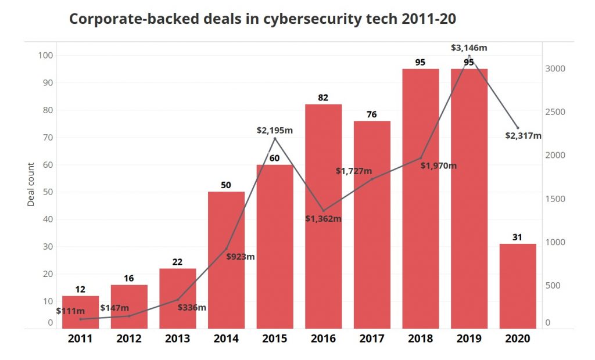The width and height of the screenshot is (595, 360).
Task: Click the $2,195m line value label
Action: (x=275, y=130)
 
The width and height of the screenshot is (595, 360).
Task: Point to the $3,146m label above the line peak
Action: (x=469, y=48)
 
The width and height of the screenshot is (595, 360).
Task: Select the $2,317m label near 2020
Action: (x=523, y=136)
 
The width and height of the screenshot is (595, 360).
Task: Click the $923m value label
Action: (x=241, y=256)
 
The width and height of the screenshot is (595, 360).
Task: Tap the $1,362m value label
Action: (x=323, y=219)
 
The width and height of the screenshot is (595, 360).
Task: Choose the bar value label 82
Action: (x=323, y=98)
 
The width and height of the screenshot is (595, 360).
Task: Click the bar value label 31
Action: (x=518, y=237)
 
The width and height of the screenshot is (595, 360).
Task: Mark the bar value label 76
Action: (x=372, y=114)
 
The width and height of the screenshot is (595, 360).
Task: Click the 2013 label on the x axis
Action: (x=178, y=339)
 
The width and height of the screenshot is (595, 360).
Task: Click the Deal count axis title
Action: (x=31, y=185)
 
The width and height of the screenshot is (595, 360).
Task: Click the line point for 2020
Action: (x=518, y=128)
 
